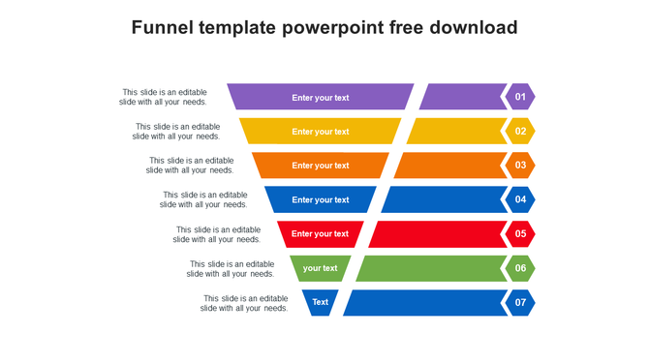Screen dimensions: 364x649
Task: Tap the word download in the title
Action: click(x=471, y=27)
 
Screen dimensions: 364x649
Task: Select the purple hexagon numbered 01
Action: click(x=520, y=97)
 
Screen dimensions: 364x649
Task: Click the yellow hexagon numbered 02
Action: click(x=520, y=132)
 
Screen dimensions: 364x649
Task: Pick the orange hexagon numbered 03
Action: click(x=520, y=166)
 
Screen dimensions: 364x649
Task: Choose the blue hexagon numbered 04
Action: click(x=520, y=199)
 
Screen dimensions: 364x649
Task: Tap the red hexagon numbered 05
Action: click(x=520, y=233)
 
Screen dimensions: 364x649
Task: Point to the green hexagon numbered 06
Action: click(x=520, y=268)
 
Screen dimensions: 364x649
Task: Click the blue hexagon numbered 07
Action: click(x=520, y=302)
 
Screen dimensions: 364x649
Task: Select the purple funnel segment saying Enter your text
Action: click(x=321, y=97)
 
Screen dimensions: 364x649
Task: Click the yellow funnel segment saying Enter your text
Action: click(x=321, y=132)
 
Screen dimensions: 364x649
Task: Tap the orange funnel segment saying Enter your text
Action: click(x=321, y=166)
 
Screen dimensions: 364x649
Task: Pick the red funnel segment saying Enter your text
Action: click(x=321, y=233)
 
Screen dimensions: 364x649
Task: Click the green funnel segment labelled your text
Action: click(x=321, y=268)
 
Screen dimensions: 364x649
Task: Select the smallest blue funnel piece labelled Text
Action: click(x=321, y=302)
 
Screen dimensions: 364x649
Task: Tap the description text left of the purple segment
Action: click(x=163, y=97)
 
